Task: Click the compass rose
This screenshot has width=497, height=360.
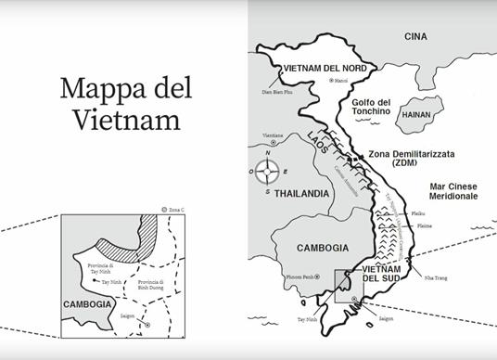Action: pos(269,170)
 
